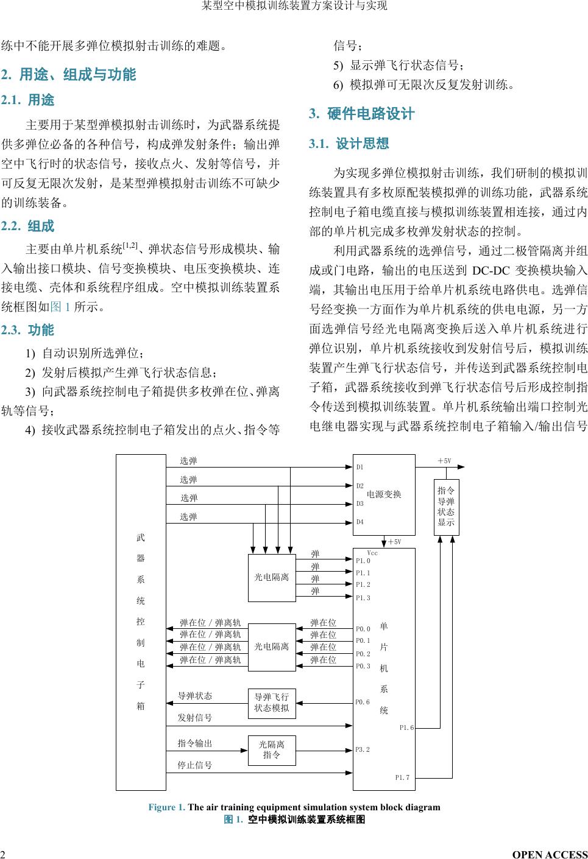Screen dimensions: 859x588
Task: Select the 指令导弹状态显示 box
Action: pos(446,507)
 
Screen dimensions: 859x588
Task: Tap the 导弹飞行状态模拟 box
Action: pos(272,703)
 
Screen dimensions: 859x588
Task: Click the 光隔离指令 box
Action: pos(272,750)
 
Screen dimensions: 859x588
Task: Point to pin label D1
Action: pos(360,468)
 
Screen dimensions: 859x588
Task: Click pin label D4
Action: pos(360,522)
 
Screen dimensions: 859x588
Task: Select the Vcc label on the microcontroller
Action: pos(372,553)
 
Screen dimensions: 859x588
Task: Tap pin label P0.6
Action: pos(363,702)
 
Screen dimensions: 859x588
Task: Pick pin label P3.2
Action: pos(363,749)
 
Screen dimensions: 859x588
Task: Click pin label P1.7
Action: pos(402,777)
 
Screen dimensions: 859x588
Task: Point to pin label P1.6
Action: pos(406,728)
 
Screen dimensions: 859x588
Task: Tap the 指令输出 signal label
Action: pos(195,743)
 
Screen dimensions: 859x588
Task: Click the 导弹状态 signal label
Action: pos(195,696)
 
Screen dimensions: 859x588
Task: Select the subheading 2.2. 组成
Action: pos(28,226)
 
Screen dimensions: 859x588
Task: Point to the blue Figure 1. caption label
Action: pos(166,807)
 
